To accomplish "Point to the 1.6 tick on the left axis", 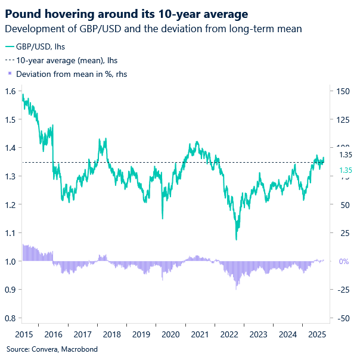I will pos(11,91).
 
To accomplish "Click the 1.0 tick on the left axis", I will pos(11,261).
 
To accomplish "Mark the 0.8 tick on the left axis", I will pos(11,318).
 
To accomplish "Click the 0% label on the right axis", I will pos(345,261).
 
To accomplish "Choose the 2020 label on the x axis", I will pos(171,334).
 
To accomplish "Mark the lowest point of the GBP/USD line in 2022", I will pos(237,240).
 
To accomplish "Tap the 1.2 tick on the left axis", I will pos(11,204).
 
